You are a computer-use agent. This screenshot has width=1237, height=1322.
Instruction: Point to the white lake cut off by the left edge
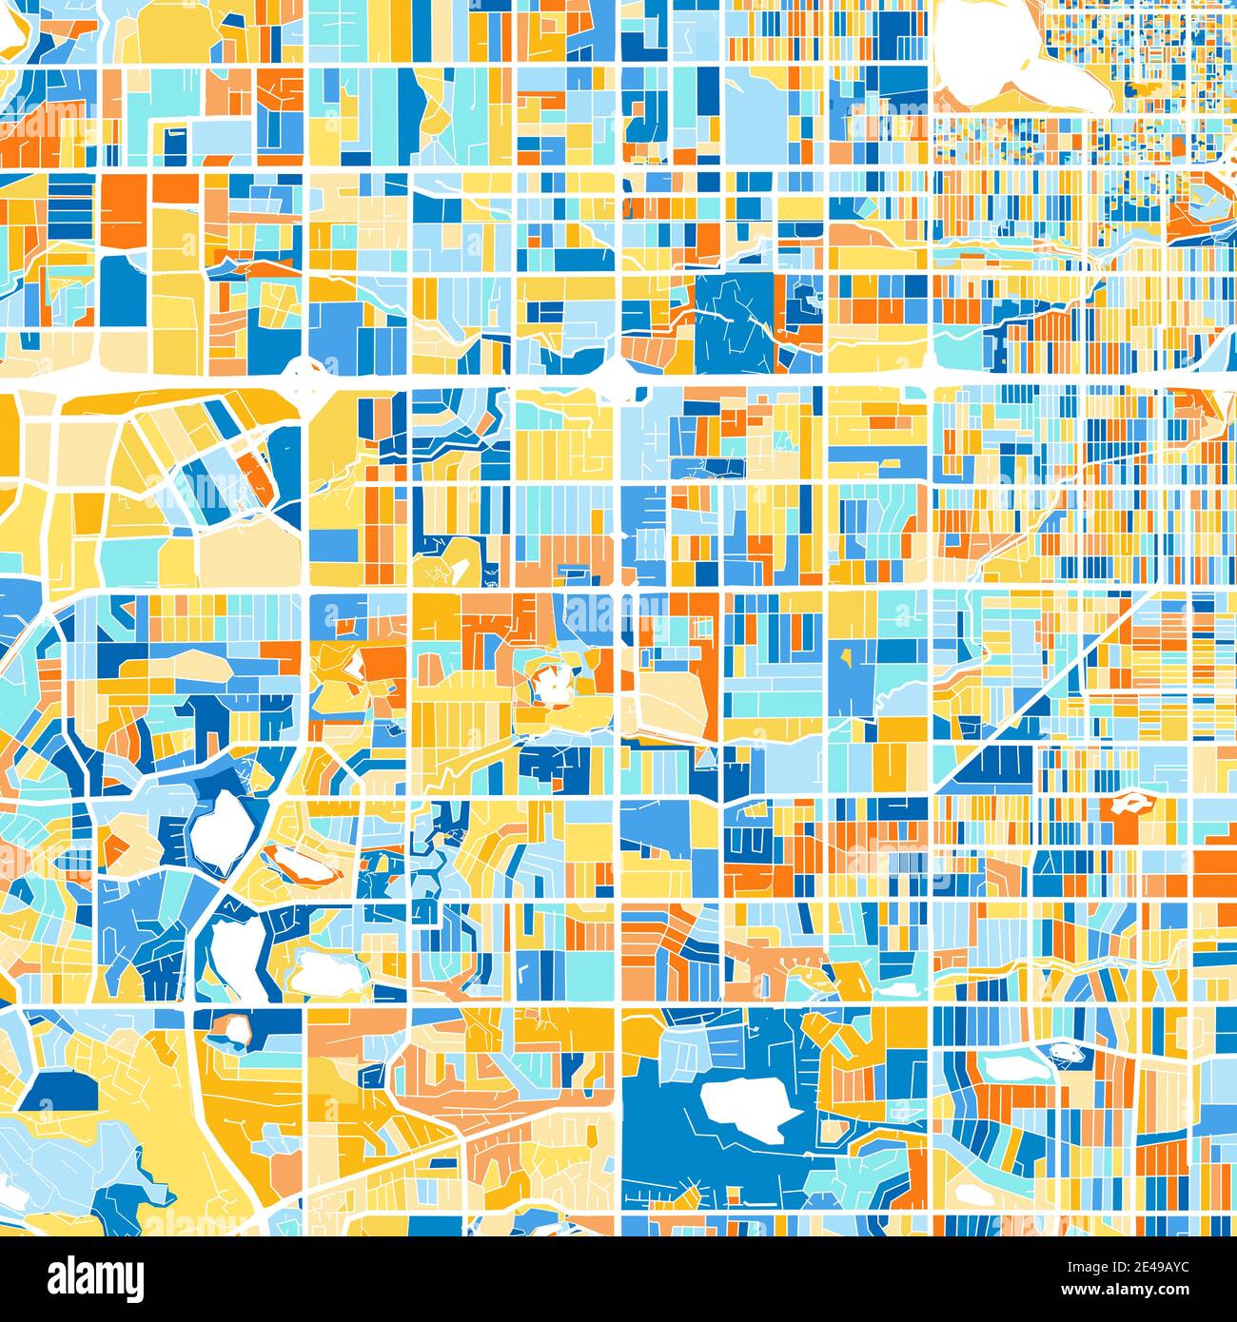click(x=11, y=1189)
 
